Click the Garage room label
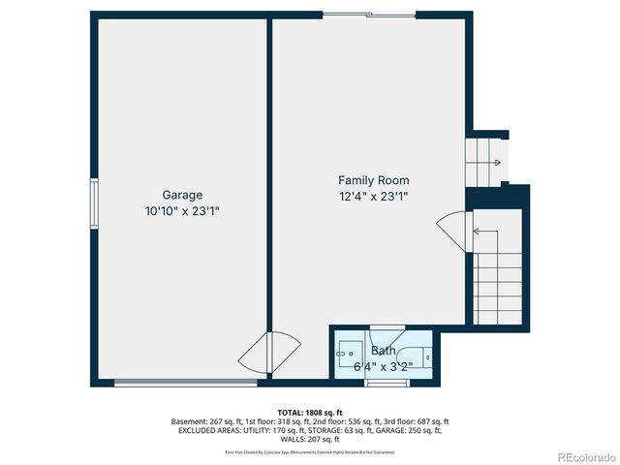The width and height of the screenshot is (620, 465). [x=182, y=195]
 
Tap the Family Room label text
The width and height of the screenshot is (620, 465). [x=373, y=180]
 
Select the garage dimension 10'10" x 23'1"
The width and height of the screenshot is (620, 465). [x=182, y=210]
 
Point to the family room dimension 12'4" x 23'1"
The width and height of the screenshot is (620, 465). [x=373, y=196]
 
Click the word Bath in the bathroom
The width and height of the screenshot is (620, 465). [x=384, y=351]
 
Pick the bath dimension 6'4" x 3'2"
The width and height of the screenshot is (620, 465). [x=383, y=366]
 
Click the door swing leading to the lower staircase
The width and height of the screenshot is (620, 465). [x=452, y=232]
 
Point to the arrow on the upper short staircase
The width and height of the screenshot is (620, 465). [x=495, y=163]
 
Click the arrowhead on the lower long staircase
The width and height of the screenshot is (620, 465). [x=476, y=232]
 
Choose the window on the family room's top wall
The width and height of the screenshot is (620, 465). [x=369, y=15]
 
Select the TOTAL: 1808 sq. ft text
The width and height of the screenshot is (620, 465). [x=310, y=413]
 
